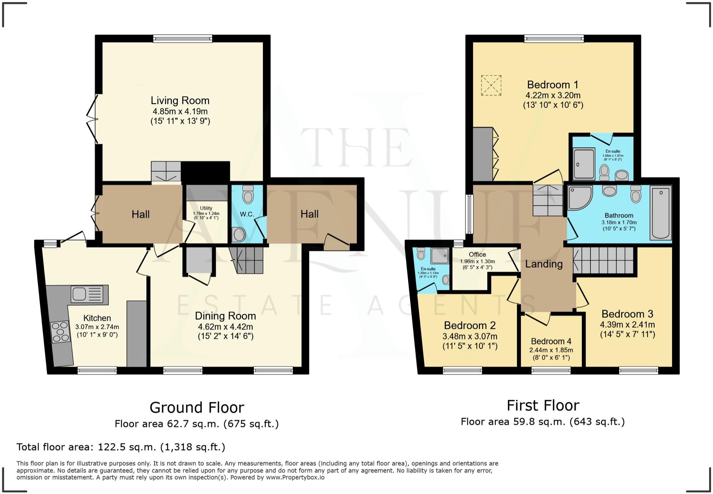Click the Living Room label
(180, 101)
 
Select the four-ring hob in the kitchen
(60, 332)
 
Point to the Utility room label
(206, 208)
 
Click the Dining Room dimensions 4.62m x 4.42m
(225, 327)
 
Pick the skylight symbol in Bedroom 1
(491, 85)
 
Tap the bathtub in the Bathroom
(661, 213)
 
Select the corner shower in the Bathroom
(579, 197)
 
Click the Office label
(477, 254)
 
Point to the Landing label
(544, 264)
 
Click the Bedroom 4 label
(551, 341)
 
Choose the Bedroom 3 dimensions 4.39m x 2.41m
(627, 325)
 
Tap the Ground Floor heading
(197, 407)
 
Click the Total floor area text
(120, 447)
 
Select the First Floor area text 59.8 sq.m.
(542, 422)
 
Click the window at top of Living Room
(183, 39)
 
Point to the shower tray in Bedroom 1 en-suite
(584, 163)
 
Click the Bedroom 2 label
(470, 326)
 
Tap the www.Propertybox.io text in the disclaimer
(295, 477)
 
